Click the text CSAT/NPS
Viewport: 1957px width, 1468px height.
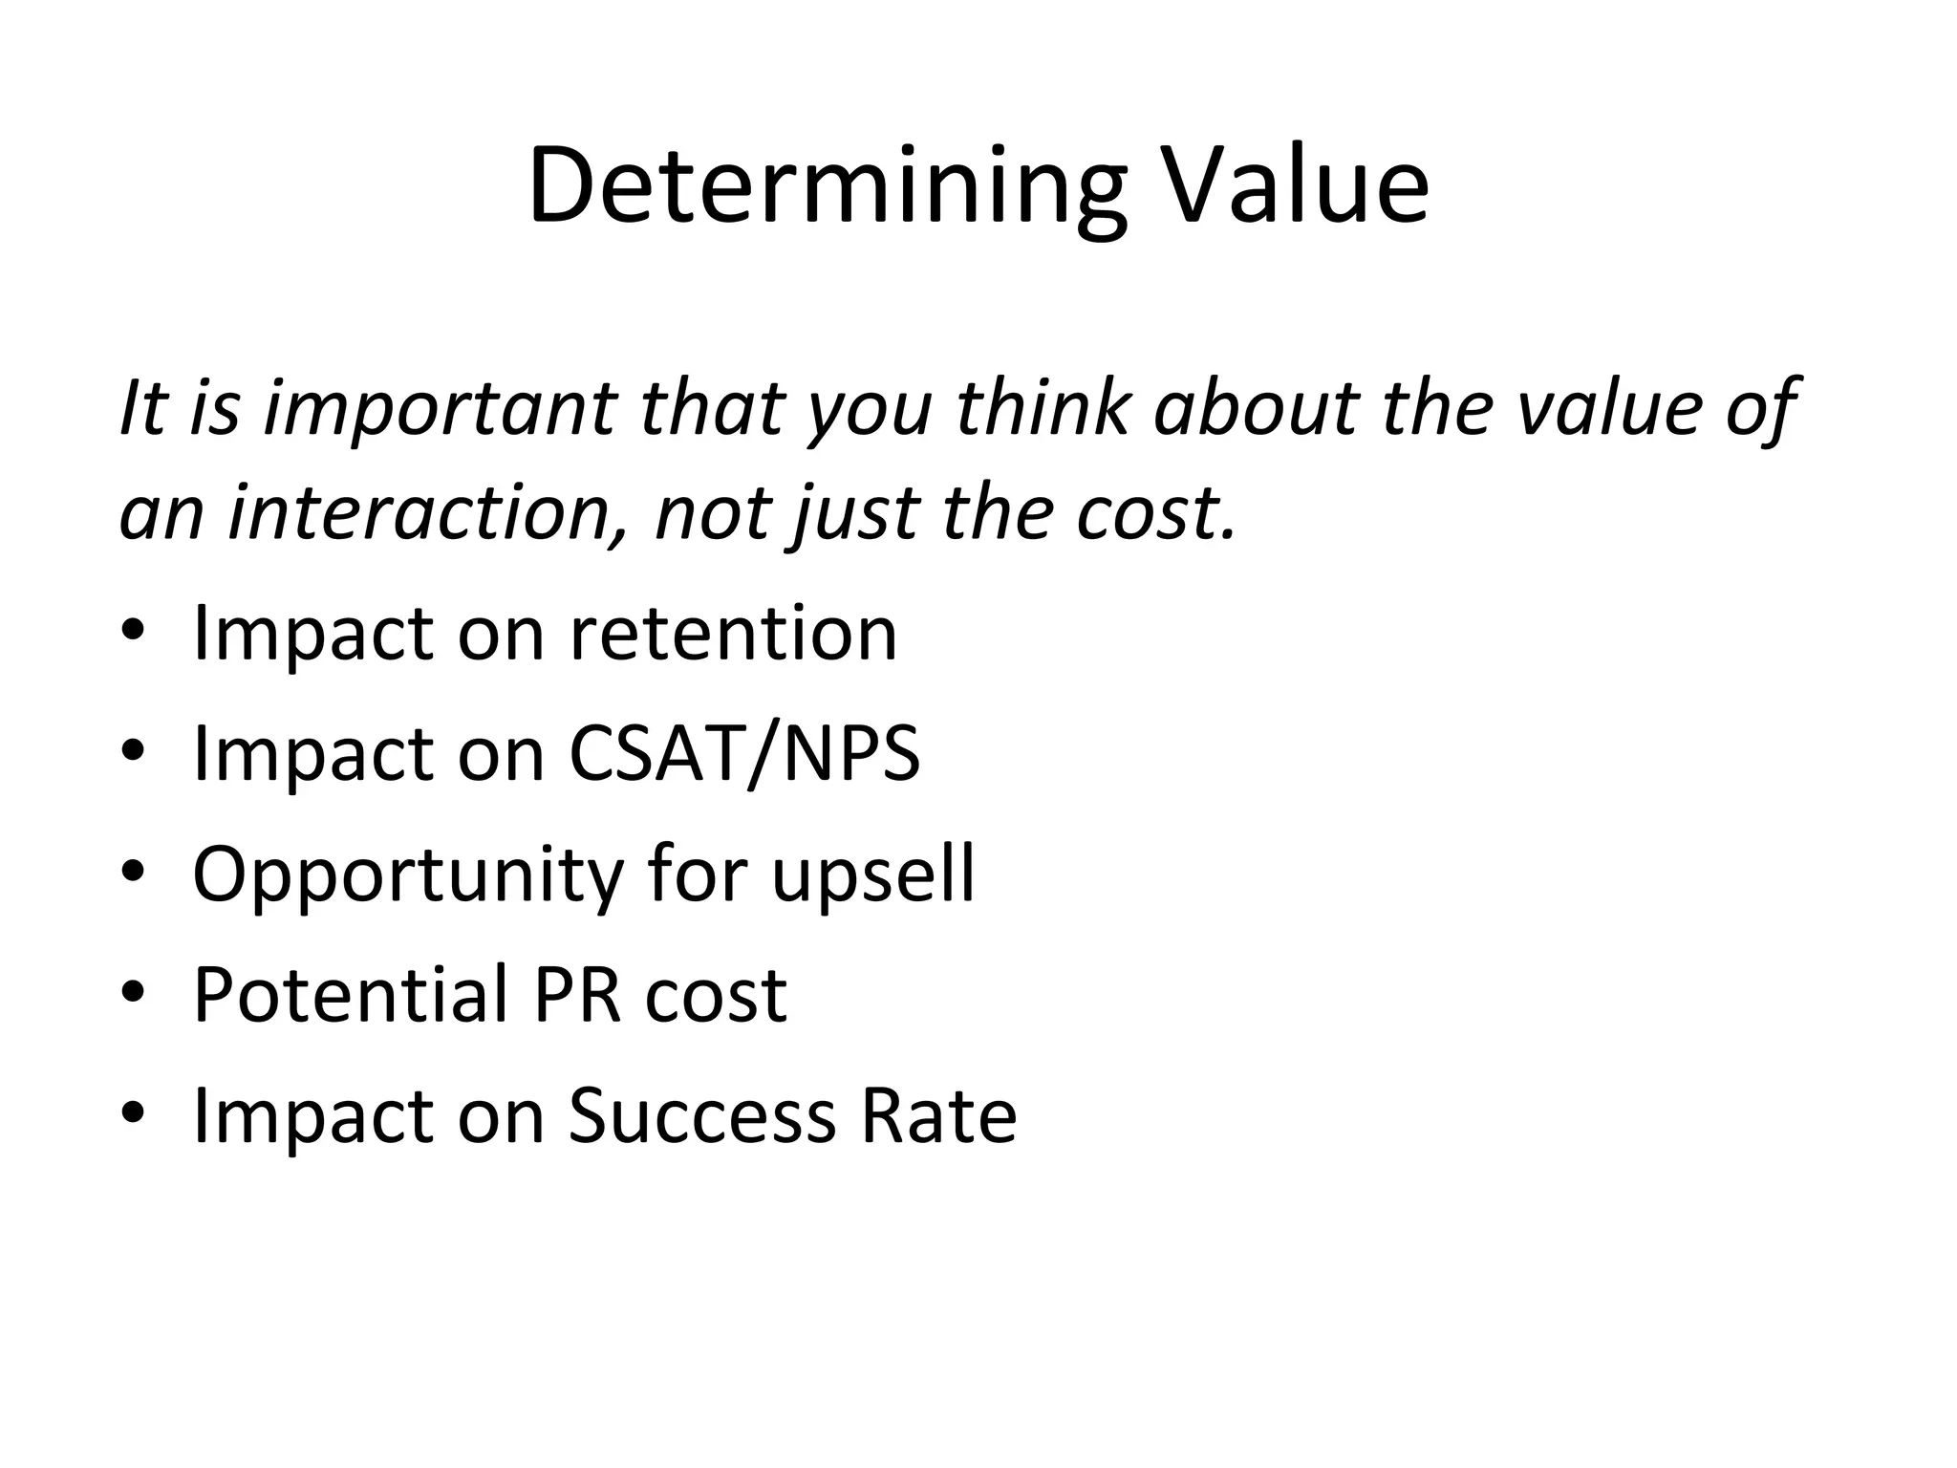pyautogui.click(x=744, y=754)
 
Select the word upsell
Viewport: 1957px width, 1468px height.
pyautogui.click(x=873, y=875)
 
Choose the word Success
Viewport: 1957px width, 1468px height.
pyautogui.click(x=702, y=1116)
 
